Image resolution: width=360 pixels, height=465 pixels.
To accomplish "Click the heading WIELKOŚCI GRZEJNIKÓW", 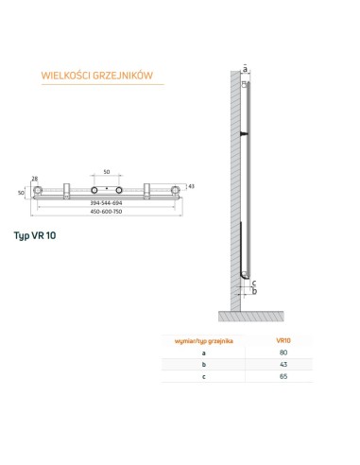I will (89, 76).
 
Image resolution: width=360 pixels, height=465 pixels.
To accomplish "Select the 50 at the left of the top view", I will (21, 192).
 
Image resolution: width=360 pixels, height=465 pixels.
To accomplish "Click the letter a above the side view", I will (245, 68).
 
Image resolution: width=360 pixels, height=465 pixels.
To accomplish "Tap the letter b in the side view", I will (255, 290).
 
